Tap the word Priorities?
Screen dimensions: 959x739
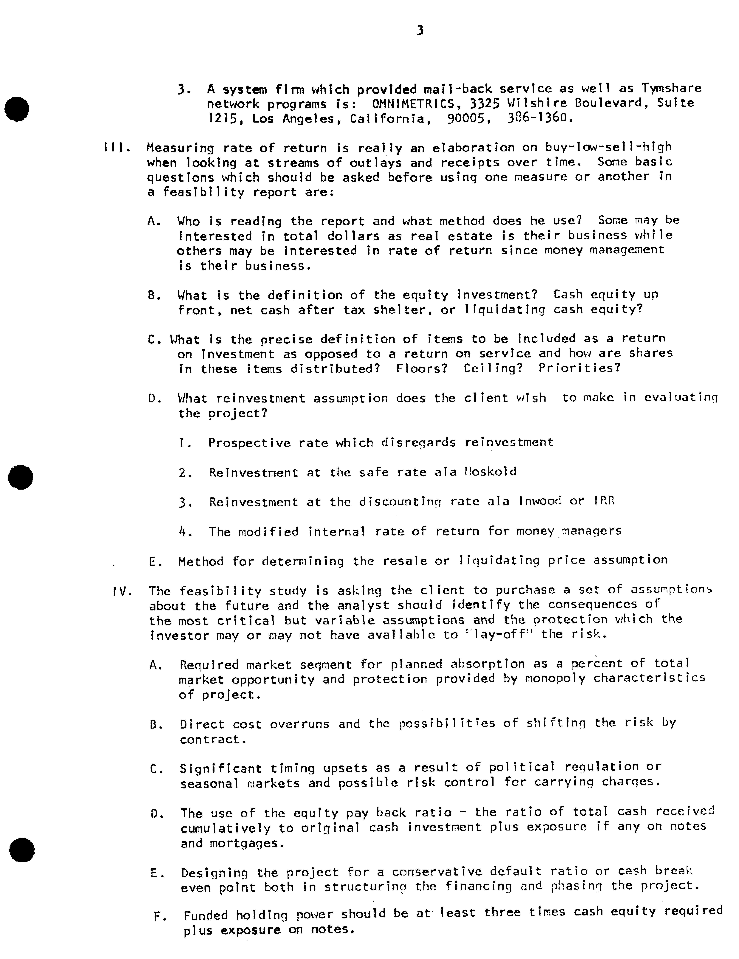[580, 367]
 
